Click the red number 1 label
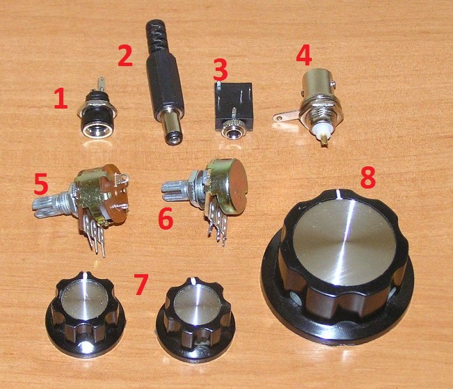[x=61, y=99]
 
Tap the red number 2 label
[x=125, y=56]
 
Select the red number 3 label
[x=221, y=70]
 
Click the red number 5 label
[x=41, y=184]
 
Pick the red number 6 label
[x=166, y=219]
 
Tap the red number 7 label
[x=141, y=285]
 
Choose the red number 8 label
[x=368, y=177]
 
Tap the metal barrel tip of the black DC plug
[x=173, y=128]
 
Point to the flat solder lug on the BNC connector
[x=286, y=116]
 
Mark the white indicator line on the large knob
[x=337, y=194]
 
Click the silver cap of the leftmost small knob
[x=85, y=298]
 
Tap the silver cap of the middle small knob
[x=198, y=306]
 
